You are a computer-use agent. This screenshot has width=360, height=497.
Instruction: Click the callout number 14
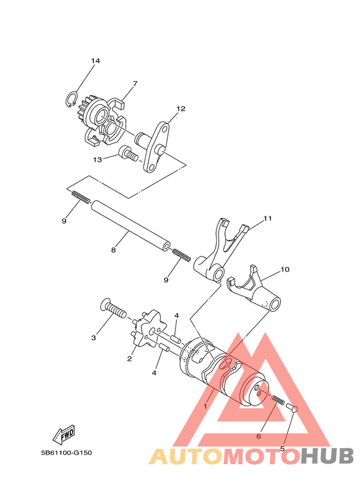[x=95, y=61]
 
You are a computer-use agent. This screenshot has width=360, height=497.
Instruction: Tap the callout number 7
[x=135, y=83]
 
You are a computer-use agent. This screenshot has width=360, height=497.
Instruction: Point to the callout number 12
[x=181, y=109]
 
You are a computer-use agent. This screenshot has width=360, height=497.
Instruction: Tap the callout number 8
[x=113, y=250]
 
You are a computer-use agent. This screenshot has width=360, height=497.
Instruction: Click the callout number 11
[x=267, y=219]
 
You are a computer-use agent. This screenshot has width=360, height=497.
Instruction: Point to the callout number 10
[x=285, y=269]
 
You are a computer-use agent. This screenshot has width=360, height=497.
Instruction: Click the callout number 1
[x=205, y=406]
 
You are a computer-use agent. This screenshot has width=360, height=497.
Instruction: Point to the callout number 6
[x=258, y=436]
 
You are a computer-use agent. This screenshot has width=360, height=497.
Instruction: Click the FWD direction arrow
[x=64, y=435]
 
